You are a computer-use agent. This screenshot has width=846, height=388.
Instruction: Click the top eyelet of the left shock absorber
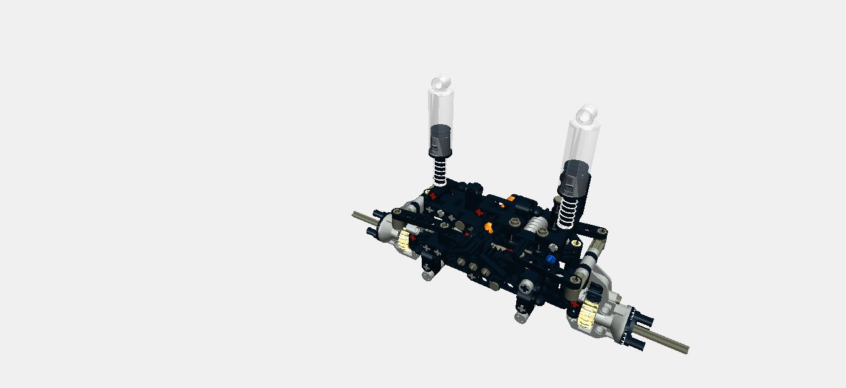(441, 82)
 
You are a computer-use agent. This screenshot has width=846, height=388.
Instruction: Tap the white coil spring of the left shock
(440, 170)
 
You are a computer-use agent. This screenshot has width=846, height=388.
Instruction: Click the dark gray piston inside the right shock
(575, 176)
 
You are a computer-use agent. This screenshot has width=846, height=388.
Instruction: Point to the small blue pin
(550, 259)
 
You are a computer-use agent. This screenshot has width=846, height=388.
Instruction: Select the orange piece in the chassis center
(488, 227)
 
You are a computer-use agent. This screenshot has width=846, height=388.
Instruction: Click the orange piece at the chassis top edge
(511, 199)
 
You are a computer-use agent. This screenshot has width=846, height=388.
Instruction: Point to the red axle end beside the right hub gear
(575, 305)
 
